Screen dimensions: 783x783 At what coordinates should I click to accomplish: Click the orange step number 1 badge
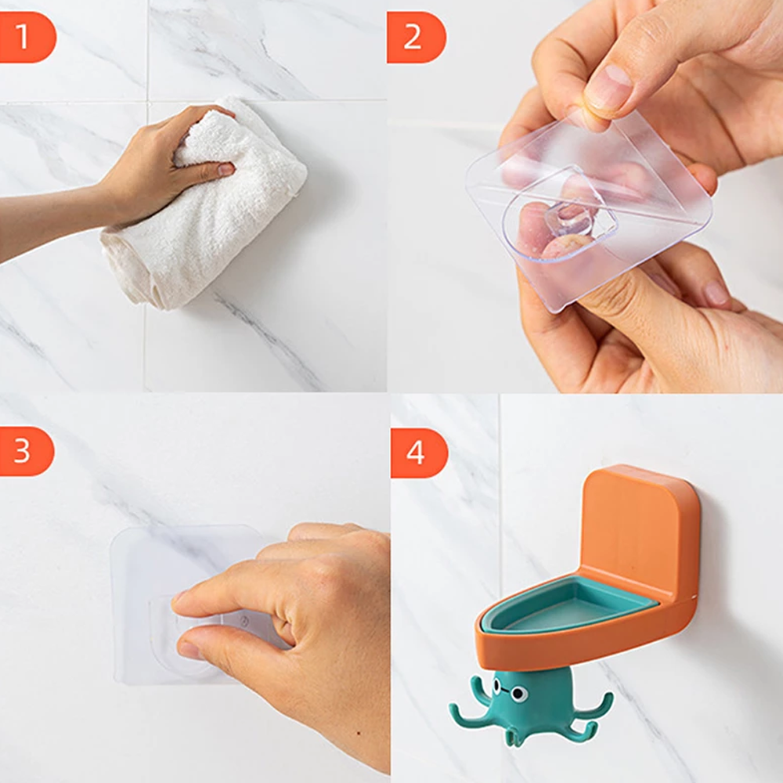click(x=25, y=37)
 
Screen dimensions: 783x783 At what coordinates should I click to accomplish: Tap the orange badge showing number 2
click(x=416, y=37)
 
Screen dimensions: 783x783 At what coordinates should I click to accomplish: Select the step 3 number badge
click(x=25, y=452)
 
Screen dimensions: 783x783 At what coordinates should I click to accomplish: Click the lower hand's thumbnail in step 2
click(x=716, y=294)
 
